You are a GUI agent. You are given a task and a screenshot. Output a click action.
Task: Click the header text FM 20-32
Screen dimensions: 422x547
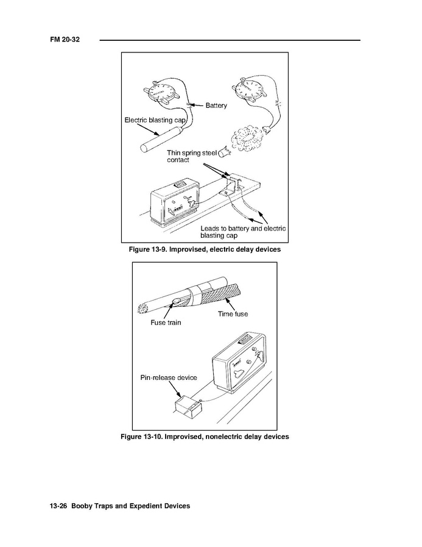65,40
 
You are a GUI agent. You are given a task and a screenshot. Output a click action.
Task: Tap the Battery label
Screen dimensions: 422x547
216,105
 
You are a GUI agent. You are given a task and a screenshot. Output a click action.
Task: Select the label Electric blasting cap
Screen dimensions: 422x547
155,120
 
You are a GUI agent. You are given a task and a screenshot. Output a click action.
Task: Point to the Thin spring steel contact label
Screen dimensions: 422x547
192,156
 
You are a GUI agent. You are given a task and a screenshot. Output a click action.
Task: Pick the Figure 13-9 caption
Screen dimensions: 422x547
205,249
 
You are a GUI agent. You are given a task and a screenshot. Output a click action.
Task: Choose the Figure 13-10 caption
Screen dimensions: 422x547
205,437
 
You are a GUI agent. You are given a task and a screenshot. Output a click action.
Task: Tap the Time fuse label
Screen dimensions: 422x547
233,314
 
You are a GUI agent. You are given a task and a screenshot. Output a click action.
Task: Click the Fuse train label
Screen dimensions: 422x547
166,323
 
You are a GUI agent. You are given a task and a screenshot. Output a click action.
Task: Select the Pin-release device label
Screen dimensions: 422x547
169,377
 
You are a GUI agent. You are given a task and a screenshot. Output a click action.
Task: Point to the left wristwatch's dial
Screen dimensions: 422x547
161,91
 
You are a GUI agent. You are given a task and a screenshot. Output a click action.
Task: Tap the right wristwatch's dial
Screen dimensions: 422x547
249,88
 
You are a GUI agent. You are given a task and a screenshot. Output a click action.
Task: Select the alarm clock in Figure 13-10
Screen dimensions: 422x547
239,360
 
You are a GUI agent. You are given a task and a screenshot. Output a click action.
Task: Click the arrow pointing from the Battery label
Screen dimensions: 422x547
197,105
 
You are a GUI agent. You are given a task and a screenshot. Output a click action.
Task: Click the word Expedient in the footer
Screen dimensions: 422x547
144,506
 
